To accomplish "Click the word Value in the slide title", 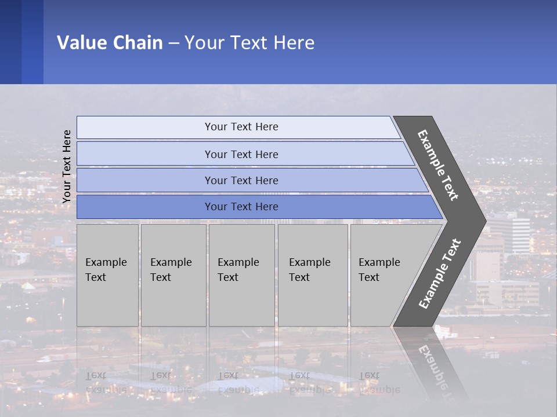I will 81,43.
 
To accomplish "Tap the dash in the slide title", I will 174,43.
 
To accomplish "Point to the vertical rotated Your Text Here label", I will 67,167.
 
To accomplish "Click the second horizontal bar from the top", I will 241,154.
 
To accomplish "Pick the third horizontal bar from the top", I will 241,180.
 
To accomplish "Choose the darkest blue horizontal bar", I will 241,207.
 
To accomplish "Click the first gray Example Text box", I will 107,275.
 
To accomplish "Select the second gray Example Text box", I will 173,275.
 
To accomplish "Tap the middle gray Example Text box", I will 241,275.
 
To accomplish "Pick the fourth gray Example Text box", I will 312,275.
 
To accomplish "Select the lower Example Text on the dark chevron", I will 440,273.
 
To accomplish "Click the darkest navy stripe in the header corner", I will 10,42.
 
